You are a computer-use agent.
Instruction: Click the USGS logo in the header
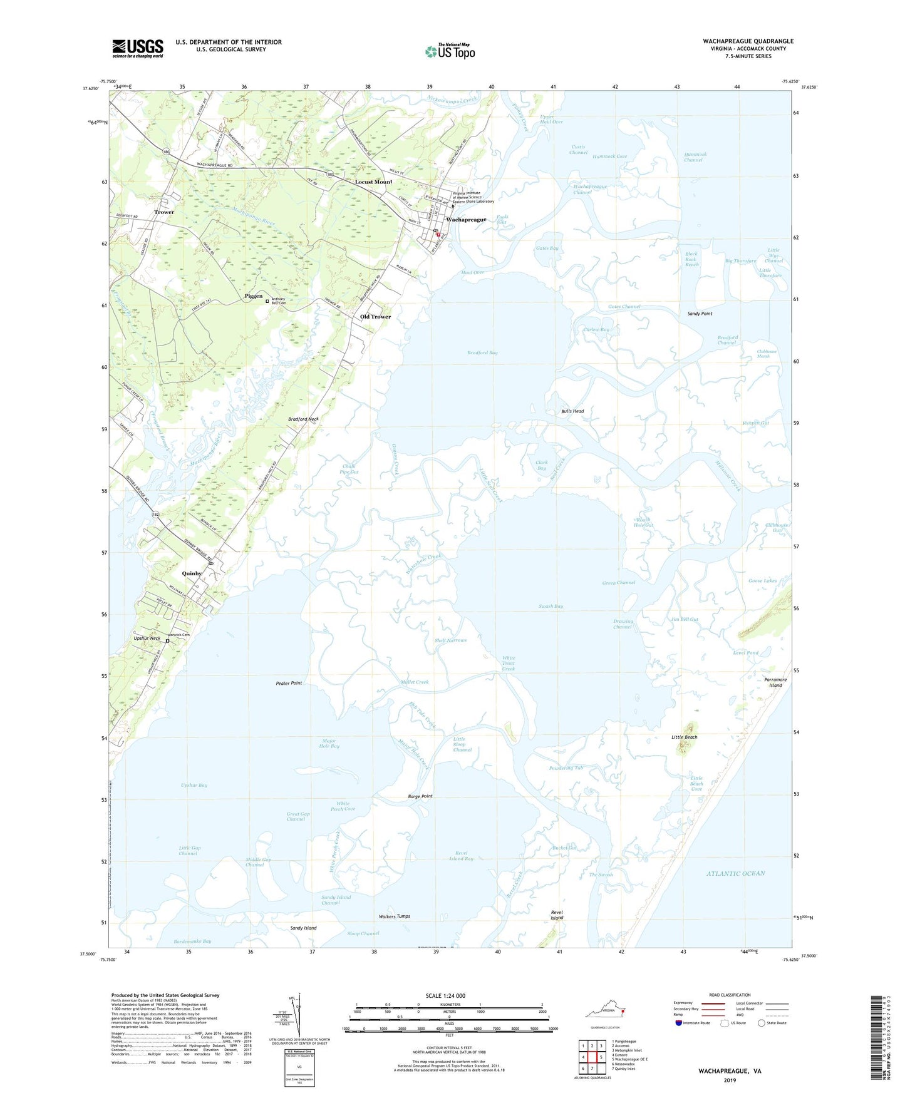[138, 48]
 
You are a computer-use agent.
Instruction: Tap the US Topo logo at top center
[450, 51]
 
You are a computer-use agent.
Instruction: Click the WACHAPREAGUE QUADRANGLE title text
[748, 41]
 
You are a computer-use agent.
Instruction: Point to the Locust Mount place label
[373, 182]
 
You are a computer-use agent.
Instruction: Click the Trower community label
[164, 212]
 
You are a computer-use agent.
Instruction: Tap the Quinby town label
[192, 573]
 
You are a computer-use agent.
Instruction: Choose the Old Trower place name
[375, 317]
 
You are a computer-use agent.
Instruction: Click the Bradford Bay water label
[482, 353]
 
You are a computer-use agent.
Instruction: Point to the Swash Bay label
[551, 606]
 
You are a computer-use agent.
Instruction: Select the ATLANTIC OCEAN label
[736, 873]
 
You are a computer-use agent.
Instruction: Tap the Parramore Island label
[775, 682]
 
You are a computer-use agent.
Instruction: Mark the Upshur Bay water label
[194, 785]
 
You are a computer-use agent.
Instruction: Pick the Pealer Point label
[289, 683]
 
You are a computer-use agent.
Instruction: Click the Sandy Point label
[700, 314]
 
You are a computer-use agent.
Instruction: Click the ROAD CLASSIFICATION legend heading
[730, 995]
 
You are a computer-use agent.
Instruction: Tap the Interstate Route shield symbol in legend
[678, 1023]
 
